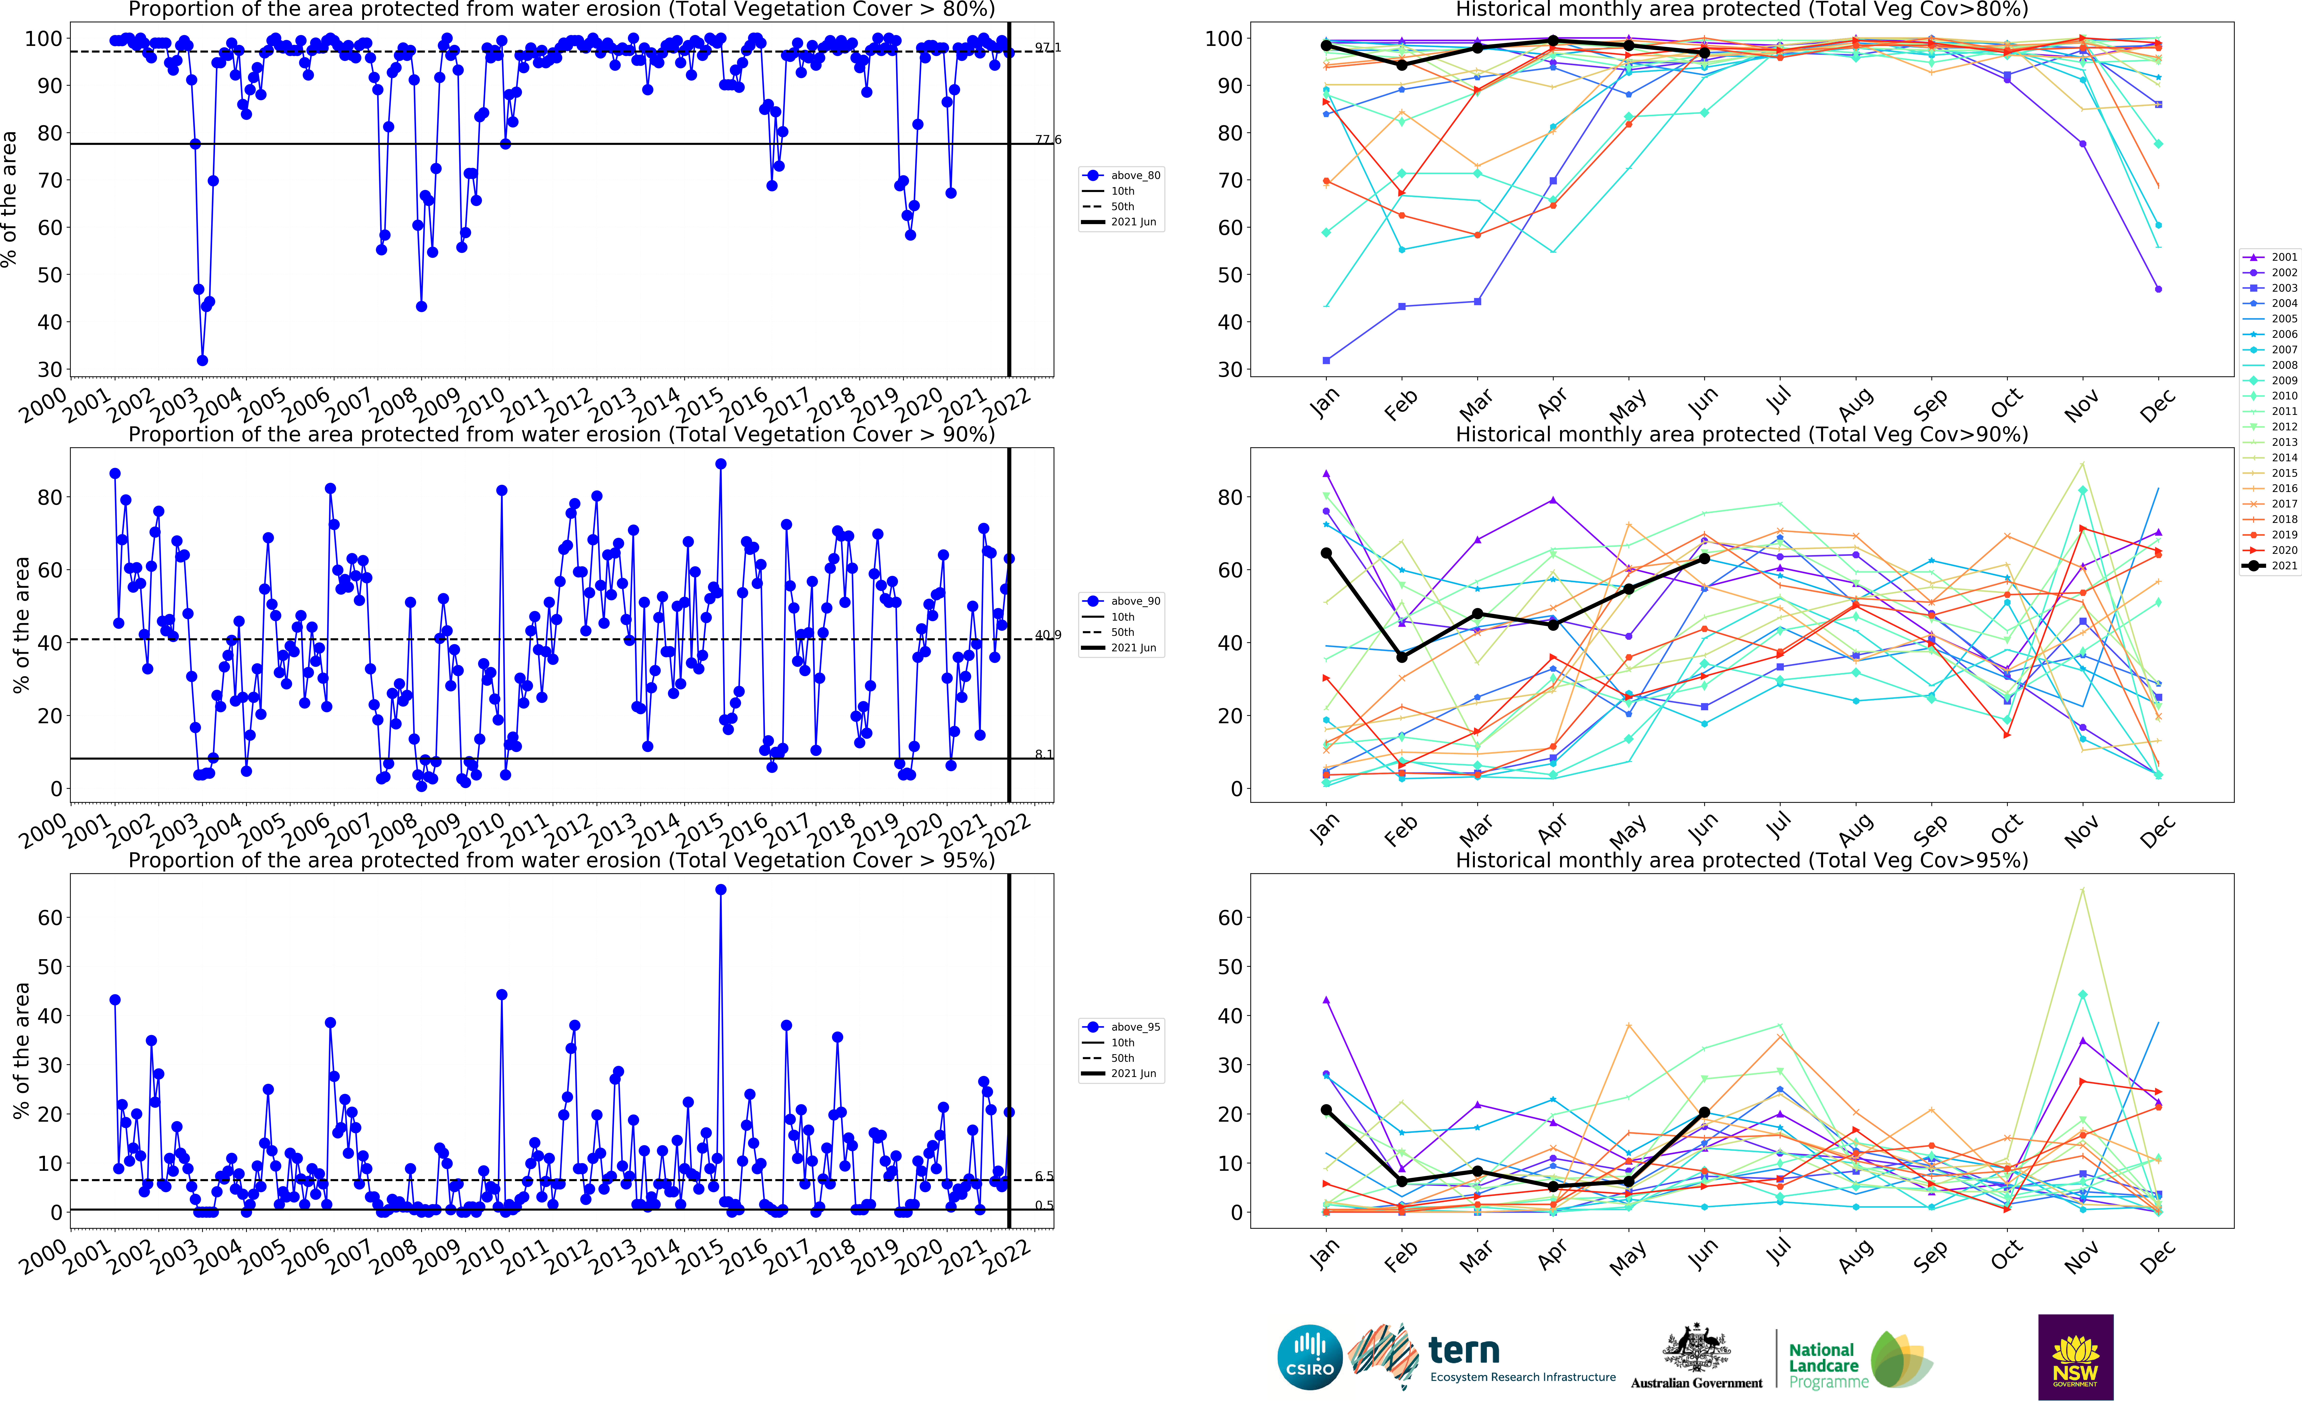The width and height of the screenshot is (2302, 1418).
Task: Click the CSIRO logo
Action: pyautogui.click(x=1310, y=1357)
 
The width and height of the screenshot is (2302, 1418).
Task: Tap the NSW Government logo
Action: pyautogui.click(x=2075, y=1357)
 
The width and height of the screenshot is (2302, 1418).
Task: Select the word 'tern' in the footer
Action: pyautogui.click(x=1463, y=1350)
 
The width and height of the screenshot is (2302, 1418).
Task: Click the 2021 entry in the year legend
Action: pyautogui.click(x=2270, y=566)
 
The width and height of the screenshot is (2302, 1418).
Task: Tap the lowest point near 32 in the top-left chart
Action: pyautogui.click(x=202, y=360)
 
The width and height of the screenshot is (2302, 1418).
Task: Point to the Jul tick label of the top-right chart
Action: pyautogui.click(x=1778, y=401)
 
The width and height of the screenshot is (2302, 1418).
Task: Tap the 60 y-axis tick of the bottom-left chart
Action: pyautogui.click(x=50, y=918)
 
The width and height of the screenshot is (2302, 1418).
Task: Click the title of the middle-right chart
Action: pyautogui.click(x=1741, y=434)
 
